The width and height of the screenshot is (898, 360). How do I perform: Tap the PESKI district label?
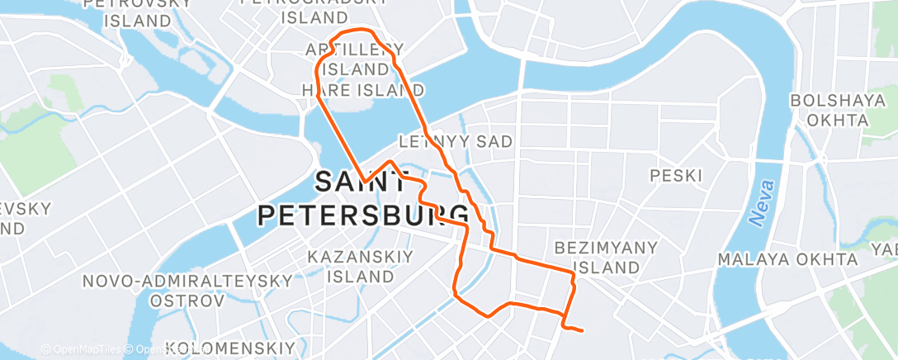pyautogui.click(x=675, y=176)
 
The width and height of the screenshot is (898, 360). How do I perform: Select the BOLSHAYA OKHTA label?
pyautogui.click(x=829, y=111)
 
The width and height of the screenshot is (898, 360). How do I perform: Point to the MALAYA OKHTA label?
pyautogui.click(x=787, y=260)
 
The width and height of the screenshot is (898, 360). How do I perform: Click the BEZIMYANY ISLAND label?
pyautogui.click(x=606, y=258)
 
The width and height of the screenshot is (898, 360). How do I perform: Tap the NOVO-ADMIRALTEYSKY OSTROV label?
pyautogui.click(x=187, y=291)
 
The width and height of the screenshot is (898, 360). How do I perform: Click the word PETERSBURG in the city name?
pyautogui.click(x=363, y=215)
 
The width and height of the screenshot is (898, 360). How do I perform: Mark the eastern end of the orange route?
pyautogui.click(x=583, y=331)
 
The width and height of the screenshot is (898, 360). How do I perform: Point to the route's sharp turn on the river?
pyautogui.click(x=362, y=181)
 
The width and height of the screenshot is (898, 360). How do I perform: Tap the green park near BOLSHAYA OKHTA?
pyautogui.click(x=878, y=132)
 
